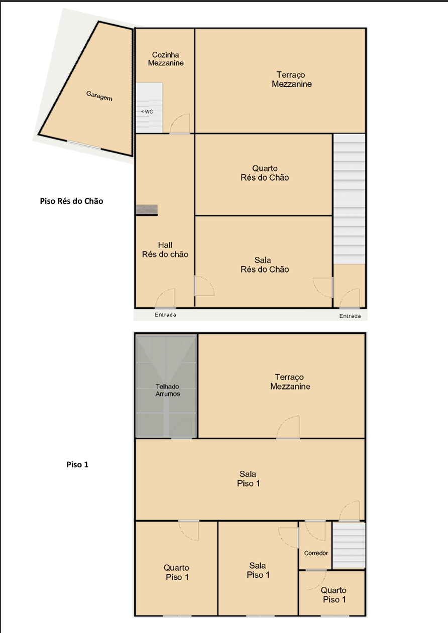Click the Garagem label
pos(99,96)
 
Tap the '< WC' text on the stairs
pos(147,111)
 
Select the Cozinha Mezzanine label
pos(166,59)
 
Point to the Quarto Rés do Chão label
pos(265,173)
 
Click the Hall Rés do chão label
pos(165,250)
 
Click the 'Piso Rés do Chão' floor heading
pos(71,201)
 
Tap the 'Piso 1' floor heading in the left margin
pos(77,464)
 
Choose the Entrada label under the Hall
pos(165,315)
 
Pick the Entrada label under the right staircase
pos(350,316)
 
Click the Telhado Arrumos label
pos(167,390)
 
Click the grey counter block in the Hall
pos(147,210)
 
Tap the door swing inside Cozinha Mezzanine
pos(180,123)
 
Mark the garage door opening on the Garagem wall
pos(84,145)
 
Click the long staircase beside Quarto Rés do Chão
pos(350,199)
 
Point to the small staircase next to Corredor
pos(349,545)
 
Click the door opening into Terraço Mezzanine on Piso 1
pos(288,427)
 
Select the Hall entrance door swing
pos(165,298)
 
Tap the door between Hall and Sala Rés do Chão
pos(204,286)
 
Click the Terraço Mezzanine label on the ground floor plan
pos(292,79)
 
